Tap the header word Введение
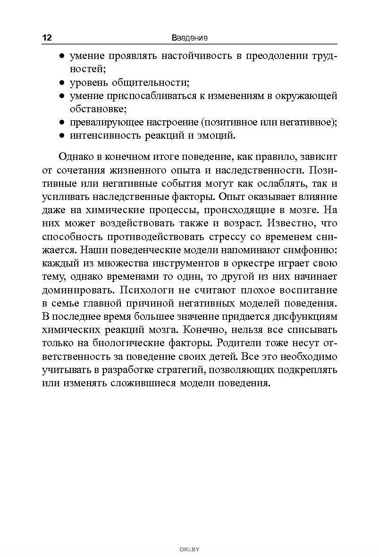190,37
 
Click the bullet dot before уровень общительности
62,83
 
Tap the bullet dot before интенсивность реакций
62,136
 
